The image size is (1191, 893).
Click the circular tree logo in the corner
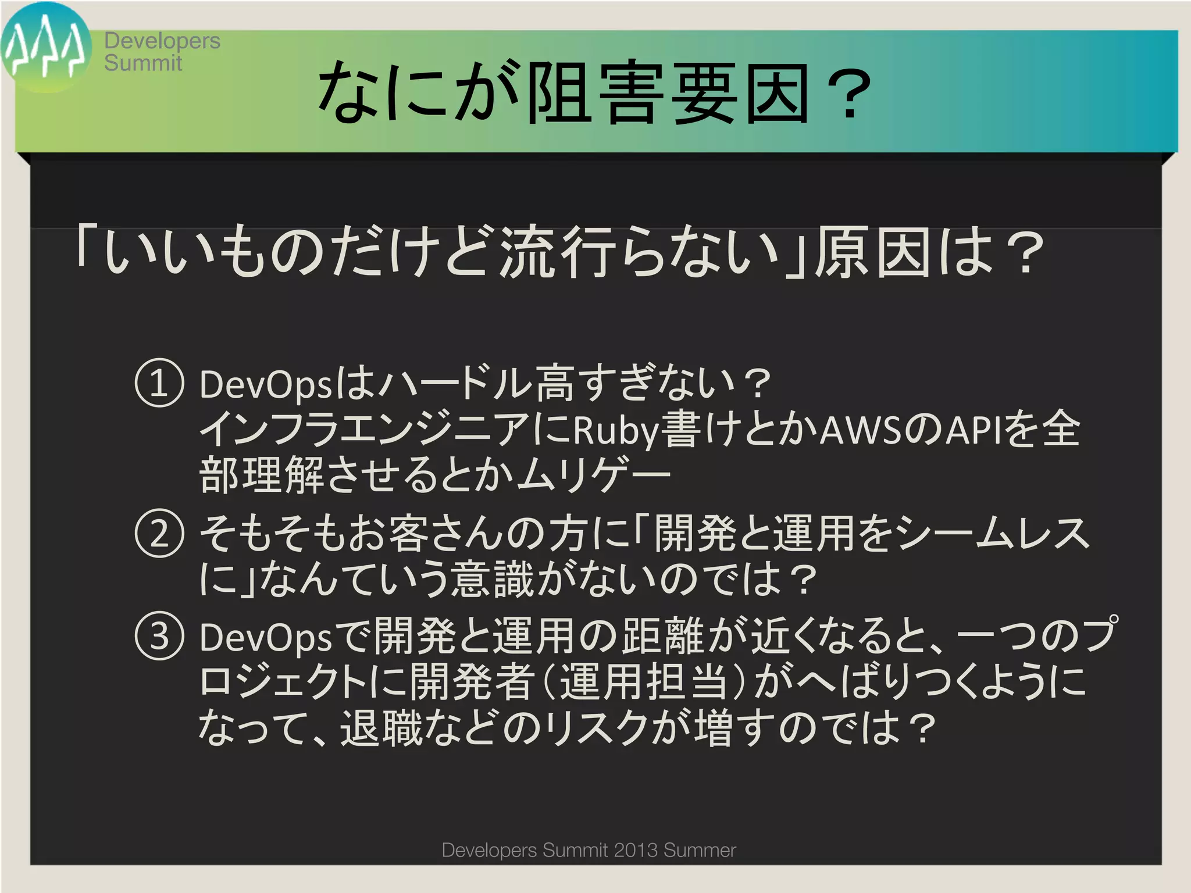click(45, 47)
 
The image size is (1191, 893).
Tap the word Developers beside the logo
click(162, 41)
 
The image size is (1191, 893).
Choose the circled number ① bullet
click(159, 383)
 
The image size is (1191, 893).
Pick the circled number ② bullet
click(159, 533)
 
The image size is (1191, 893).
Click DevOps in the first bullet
click(265, 385)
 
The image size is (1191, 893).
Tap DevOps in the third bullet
click(265, 637)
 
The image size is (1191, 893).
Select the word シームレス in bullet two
click(992, 533)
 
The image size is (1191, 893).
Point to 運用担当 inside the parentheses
click(643, 682)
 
